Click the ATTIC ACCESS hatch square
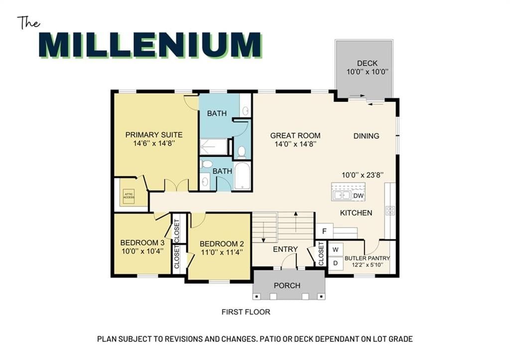point(128,196)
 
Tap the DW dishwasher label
point(358,196)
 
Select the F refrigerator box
point(324,231)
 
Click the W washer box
point(336,249)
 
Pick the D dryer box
point(336,263)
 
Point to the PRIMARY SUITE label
point(154,134)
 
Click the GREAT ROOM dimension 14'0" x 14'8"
point(295,144)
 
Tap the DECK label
point(367,63)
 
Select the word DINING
point(366,136)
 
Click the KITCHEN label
point(356,213)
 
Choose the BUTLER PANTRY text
point(367,258)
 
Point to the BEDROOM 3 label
point(142,242)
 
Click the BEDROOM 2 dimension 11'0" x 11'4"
point(222,252)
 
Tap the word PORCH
point(287,285)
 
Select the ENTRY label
point(285,249)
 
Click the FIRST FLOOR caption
point(246,312)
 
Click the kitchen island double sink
point(342,195)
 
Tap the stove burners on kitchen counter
point(390,211)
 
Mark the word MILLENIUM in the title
point(150,45)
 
